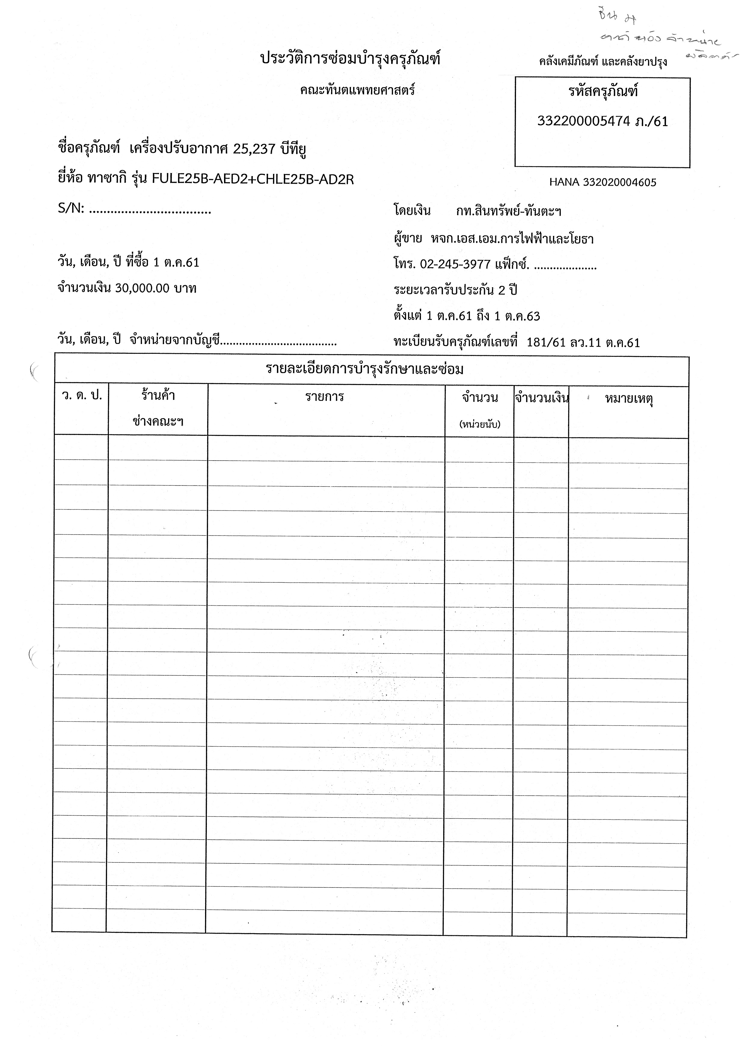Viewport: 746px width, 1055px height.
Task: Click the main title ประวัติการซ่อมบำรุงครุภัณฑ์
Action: tap(350, 59)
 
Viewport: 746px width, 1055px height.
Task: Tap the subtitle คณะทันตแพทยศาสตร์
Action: tap(358, 90)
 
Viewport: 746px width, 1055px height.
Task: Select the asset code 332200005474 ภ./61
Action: tap(602, 121)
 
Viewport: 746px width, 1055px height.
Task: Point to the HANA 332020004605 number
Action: tap(603, 182)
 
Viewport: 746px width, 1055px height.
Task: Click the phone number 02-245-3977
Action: tap(455, 265)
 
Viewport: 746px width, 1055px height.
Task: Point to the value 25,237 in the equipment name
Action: tap(254, 149)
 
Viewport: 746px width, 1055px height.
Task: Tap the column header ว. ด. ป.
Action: tap(82, 396)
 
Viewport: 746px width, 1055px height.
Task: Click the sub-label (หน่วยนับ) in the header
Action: tap(480, 424)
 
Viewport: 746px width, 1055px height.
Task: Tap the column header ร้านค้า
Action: tap(158, 395)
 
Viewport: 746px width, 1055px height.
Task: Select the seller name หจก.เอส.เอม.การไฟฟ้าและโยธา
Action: tap(512, 239)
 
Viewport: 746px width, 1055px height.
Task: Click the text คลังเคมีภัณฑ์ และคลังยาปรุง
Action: tap(603, 62)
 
